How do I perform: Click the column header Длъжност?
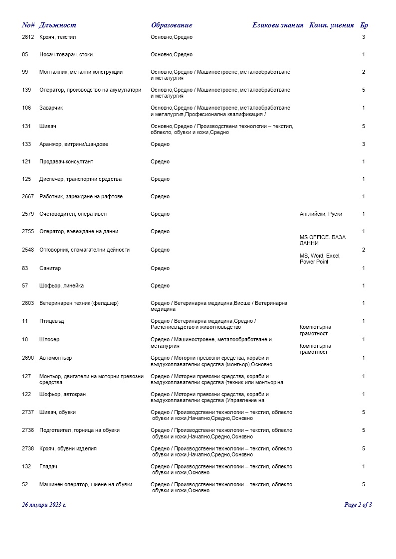pos(57,25)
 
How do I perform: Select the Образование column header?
pos(171,25)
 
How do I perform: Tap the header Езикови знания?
pos(277,25)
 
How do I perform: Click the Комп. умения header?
pos(332,25)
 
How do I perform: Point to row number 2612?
pos(28,37)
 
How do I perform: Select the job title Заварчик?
pos(51,108)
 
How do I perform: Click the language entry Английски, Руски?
pos(321,214)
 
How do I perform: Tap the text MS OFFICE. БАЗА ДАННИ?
pos(322,241)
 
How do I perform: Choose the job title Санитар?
pos(50,269)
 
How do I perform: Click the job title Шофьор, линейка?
pos(61,286)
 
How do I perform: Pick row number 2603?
pos(28,303)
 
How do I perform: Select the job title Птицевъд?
pos(51,321)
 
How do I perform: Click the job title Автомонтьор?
pos(55,358)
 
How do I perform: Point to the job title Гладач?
pos(49,467)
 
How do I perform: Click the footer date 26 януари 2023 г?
pos(44,505)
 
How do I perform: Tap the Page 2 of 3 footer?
pos(358,505)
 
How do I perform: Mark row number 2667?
pos(28,197)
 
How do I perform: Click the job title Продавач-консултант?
pos(66,162)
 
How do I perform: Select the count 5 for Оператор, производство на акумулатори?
pos(364,90)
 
